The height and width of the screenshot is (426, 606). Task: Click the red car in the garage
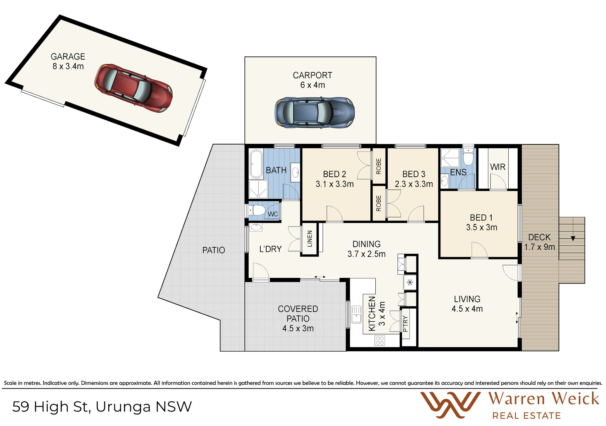coord(134,88)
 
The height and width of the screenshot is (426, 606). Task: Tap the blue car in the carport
coord(315,113)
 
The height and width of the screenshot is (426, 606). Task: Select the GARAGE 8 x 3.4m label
coord(68,61)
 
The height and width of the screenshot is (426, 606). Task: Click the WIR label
coord(498,167)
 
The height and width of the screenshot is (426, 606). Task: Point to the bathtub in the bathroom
coord(256,164)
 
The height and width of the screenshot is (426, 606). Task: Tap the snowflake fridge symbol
coord(410,282)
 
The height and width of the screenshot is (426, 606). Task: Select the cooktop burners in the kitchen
coord(380,340)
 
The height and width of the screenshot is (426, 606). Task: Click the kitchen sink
coord(356,315)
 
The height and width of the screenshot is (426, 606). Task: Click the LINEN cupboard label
coord(310,239)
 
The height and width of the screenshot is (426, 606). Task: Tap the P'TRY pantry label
coord(405,324)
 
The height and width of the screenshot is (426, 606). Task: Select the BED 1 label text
coord(481,218)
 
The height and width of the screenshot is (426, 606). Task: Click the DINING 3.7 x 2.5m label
coord(366,249)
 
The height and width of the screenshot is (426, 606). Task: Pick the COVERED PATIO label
coord(298,314)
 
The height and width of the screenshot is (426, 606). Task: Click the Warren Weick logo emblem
coord(450,405)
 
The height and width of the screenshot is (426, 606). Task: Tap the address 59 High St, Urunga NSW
coord(102,407)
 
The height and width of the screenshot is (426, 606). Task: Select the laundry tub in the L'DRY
coord(256,227)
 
